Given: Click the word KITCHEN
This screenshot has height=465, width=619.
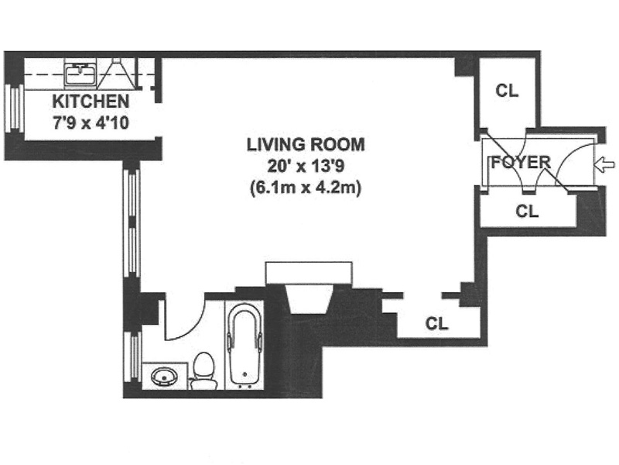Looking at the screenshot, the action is (x=91, y=102).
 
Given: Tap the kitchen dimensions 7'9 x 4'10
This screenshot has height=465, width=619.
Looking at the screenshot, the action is (x=91, y=123).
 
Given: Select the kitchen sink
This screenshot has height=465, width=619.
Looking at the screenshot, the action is (x=80, y=74).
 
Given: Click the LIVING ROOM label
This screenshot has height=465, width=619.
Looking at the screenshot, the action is (x=306, y=145).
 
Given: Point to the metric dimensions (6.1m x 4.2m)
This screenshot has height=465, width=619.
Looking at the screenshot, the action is (x=306, y=188).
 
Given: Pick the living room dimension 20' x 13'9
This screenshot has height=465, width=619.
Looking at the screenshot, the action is (x=306, y=166).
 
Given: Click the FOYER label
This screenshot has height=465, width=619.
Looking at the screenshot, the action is (x=521, y=163).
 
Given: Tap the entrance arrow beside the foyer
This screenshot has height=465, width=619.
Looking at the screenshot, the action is (x=604, y=164).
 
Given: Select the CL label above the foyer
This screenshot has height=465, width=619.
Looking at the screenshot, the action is (x=507, y=91).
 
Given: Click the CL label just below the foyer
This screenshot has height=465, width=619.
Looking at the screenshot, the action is (x=527, y=211).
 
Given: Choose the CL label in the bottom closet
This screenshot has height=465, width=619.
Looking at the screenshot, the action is (x=436, y=324).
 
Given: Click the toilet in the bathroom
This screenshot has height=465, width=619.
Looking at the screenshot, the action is (x=203, y=370).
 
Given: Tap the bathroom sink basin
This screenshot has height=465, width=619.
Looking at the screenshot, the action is (x=165, y=376).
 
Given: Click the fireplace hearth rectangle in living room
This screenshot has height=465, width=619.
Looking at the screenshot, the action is (x=309, y=273).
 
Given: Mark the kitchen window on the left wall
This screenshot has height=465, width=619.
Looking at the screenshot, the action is (x=14, y=108).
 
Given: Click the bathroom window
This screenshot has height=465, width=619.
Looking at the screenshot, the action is (x=132, y=356).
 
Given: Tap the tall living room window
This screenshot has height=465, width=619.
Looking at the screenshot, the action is (x=132, y=223).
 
